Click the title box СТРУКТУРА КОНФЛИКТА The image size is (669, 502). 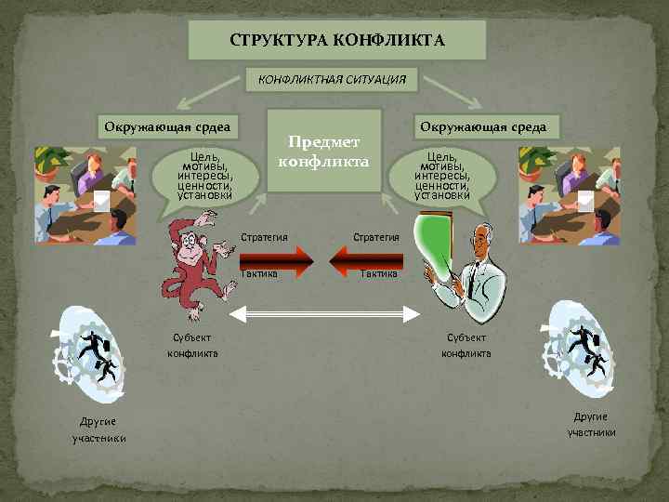click(x=337, y=42)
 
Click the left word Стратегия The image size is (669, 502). click(x=264, y=237)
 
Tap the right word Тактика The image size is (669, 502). click(x=379, y=273)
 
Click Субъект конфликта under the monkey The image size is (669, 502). click(x=193, y=346)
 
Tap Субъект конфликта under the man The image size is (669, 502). click(x=466, y=346)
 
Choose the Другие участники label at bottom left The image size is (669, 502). click(x=99, y=430)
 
